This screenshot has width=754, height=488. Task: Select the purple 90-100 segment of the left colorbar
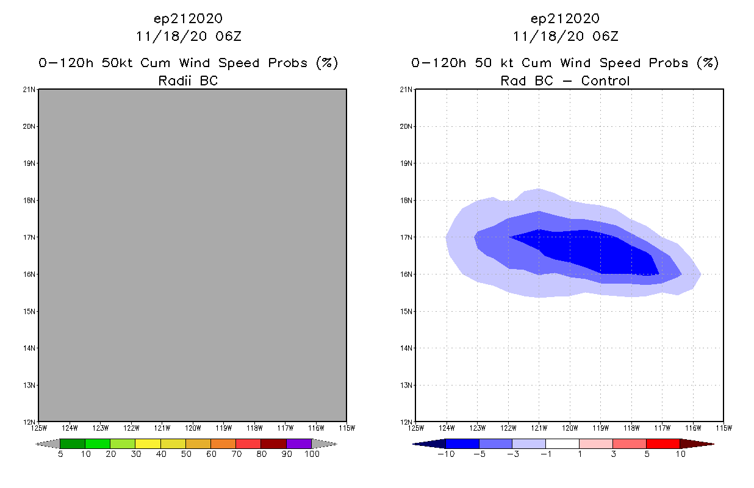coord(299,443)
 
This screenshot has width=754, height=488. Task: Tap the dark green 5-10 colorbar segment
coord(73,443)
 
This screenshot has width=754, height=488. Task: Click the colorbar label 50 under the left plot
coord(185,454)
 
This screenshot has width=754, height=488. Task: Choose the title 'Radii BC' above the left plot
coord(188,81)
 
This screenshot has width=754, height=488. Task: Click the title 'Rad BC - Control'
coord(565,81)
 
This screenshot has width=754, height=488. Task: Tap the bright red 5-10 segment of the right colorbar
coord(662,443)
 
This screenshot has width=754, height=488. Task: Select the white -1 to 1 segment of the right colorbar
coord(562,443)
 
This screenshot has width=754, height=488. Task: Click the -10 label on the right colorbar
coord(444,454)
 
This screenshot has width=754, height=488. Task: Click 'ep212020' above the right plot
coord(565,19)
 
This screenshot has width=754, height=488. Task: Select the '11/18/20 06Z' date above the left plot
coord(188,36)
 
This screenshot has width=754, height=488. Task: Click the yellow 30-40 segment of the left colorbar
coord(148,443)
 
